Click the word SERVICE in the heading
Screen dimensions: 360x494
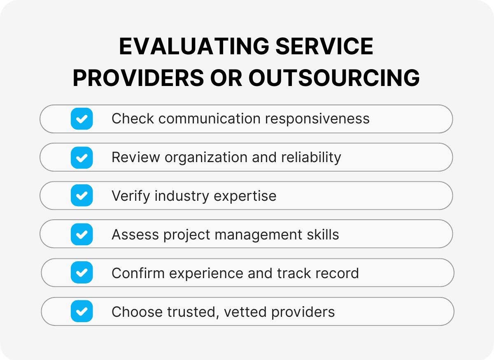tap(324, 46)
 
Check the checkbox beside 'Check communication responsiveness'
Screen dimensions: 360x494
tap(82, 119)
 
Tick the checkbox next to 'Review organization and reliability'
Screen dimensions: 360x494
tap(82, 158)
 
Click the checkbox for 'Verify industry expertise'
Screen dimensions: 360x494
tap(82, 196)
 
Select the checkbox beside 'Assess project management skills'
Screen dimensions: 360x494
tap(82, 235)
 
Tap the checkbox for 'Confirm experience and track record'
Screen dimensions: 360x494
tap(82, 273)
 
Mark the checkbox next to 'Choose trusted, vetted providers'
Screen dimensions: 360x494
tap(82, 311)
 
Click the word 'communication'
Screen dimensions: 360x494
tap(210, 119)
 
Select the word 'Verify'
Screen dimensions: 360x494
tap(130, 196)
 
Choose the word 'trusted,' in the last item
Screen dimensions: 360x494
tap(192, 311)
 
